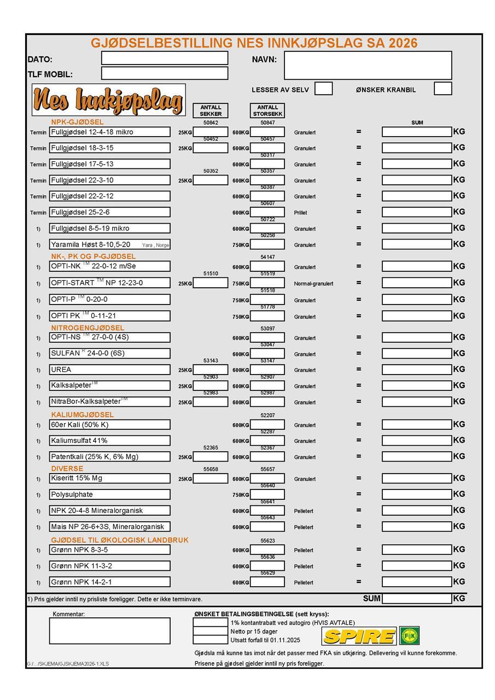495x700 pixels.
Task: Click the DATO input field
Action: click(x=164, y=58)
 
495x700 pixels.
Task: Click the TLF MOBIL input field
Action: click(x=164, y=73)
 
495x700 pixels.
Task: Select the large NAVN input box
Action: click(x=368, y=65)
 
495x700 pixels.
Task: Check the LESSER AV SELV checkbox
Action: click(x=323, y=89)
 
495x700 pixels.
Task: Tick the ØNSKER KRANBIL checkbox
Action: click(x=442, y=89)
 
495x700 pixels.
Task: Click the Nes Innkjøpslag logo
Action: click(x=108, y=100)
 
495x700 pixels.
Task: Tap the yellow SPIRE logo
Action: click(x=359, y=636)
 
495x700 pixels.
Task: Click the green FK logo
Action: click(x=409, y=636)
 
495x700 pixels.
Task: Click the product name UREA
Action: click(x=61, y=370)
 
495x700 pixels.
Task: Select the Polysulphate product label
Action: click(x=72, y=494)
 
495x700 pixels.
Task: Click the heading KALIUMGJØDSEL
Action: click(x=83, y=415)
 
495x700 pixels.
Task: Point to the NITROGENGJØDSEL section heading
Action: click(x=88, y=328)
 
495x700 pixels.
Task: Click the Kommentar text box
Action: click(x=109, y=631)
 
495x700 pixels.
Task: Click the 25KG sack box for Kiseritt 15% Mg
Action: click(x=211, y=479)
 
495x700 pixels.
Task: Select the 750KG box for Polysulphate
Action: click(x=267, y=494)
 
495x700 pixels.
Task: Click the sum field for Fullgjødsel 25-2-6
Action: click(x=417, y=212)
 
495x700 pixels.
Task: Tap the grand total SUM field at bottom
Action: click(x=417, y=598)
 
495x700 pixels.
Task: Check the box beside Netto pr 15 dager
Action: click(x=211, y=631)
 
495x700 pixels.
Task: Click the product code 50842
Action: click(x=211, y=122)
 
